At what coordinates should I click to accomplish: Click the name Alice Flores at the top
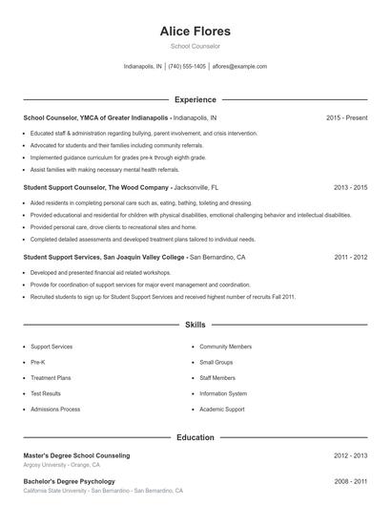(195, 31)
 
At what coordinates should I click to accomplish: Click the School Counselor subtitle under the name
(195, 46)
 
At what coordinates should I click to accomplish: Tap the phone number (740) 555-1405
(187, 67)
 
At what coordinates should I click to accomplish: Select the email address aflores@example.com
(238, 67)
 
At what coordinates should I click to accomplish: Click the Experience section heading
(195, 99)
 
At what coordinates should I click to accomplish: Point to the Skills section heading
(195, 326)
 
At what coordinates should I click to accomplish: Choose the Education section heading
(195, 437)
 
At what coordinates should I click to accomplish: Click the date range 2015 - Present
(346, 118)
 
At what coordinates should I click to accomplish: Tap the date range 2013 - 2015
(350, 188)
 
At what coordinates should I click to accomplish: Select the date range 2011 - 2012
(350, 258)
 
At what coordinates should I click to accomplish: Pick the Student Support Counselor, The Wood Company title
(96, 188)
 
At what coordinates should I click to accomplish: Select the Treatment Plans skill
(51, 378)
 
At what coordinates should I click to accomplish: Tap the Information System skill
(223, 393)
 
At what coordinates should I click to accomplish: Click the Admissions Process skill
(55, 409)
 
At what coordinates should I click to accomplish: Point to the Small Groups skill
(216, 363)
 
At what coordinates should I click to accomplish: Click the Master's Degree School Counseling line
(76, 455)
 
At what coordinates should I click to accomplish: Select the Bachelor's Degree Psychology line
(69, 481)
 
